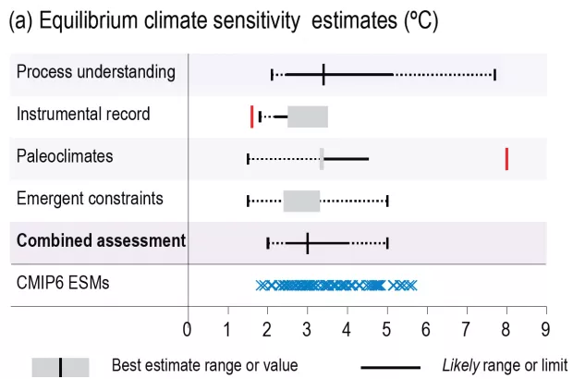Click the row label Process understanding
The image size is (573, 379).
96,72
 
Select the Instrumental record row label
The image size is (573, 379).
83,115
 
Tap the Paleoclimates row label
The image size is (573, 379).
65,156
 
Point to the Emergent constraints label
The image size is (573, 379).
90,198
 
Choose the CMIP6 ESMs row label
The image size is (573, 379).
63,283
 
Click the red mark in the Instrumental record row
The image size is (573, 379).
251,116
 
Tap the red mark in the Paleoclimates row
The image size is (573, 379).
506,158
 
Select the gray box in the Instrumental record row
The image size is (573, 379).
308,116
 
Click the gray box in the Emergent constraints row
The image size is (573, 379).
301,201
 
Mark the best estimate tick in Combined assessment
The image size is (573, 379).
307,243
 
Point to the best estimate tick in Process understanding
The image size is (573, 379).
323,75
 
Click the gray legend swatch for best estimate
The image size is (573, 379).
61,366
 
